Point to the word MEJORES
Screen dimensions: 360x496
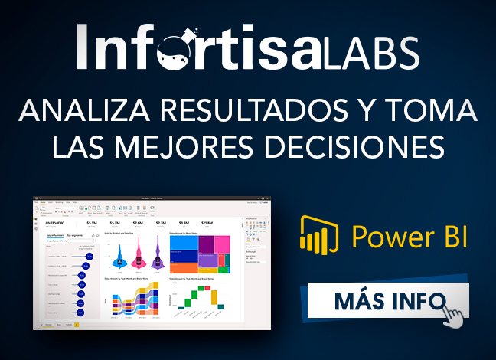tap(186, 146)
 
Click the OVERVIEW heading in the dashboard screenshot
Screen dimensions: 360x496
tap(55, 223)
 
